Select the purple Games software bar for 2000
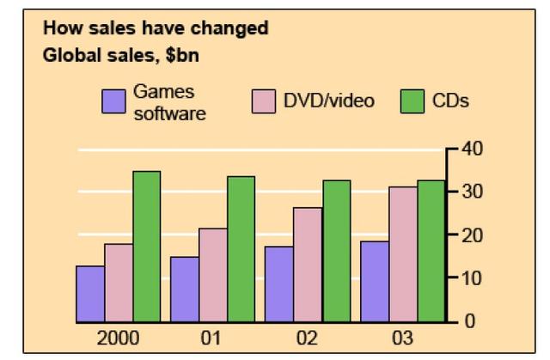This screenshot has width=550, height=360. (x=90, y=294)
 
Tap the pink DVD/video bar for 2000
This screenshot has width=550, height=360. (x=119, y=283)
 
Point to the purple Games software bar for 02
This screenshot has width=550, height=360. (x=278, y=284)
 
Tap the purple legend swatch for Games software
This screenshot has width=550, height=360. (x=114, y=102)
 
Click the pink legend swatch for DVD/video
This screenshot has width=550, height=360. (x=262, y=102)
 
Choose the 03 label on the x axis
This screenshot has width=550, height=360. (x=400, y=337)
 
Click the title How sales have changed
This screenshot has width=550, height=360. (x=156, y=27)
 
